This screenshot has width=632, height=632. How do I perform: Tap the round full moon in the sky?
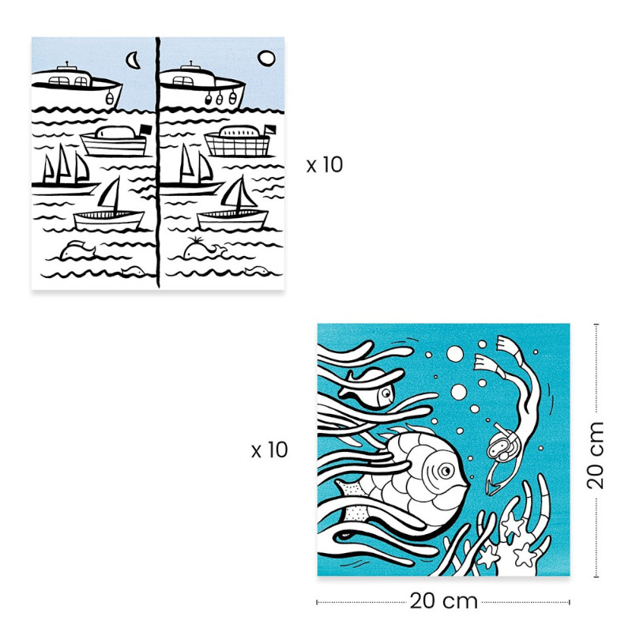tap(266, 58)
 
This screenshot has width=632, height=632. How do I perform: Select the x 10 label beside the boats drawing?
tap(325, 165)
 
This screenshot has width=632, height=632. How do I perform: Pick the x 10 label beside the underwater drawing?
tap(269, 450)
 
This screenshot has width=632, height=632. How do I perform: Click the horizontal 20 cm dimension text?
tap(444, 601)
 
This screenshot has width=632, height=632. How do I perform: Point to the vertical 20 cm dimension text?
tap(596, 456)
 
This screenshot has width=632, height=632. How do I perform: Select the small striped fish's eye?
tap(386, 393)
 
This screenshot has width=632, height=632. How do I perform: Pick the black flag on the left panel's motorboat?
tap(145, 130)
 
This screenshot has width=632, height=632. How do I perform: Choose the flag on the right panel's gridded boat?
tap(269, 130)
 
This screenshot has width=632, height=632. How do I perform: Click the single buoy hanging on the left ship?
tap(109, 98)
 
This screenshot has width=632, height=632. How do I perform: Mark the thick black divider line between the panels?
tap(158, 163)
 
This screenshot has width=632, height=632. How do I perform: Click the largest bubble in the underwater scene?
tap(455, 354)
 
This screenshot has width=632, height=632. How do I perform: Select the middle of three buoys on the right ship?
tap(220, 98)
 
